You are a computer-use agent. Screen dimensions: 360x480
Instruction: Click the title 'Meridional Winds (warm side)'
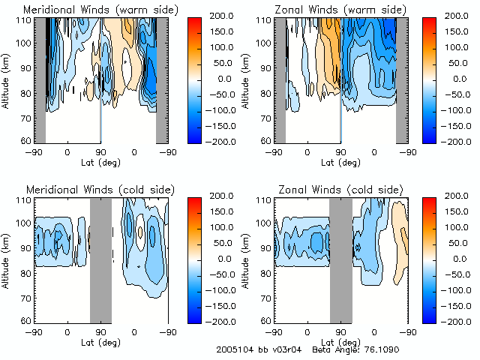(91, 10)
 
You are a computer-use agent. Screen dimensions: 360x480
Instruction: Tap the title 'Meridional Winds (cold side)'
(89, 188)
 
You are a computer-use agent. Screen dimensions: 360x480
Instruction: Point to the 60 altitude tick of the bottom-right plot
(267, 319)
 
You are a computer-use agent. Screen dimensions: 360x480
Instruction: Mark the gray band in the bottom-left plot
(100, 259)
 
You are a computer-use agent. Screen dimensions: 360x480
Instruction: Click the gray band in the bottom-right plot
(340, 259)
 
